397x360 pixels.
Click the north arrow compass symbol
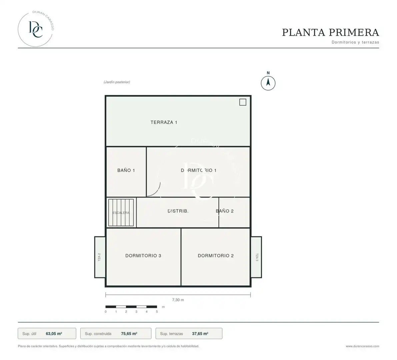point(268,83)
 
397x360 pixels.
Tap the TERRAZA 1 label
point(164,122)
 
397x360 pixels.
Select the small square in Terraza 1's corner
point(243,102)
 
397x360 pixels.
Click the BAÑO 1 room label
point(126,170)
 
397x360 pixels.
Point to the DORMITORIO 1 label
point(199,170)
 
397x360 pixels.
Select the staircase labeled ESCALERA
point(121,212)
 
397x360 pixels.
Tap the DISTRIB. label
point(178,211)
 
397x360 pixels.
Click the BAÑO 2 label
point(225,211)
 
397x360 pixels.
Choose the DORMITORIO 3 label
point(143,256)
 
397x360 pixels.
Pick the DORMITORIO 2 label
point(216,256)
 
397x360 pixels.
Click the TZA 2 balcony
point(100,257)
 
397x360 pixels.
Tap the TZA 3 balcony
point(256,257)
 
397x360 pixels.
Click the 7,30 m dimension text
point(178,300)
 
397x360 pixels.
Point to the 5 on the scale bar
point(157,312)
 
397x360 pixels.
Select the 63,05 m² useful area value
point(54,334)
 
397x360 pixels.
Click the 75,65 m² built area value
point(129,334)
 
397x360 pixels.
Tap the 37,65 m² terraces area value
point(200,334)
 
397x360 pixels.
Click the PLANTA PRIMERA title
point(330,32)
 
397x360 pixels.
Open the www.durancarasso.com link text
point(362,346)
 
